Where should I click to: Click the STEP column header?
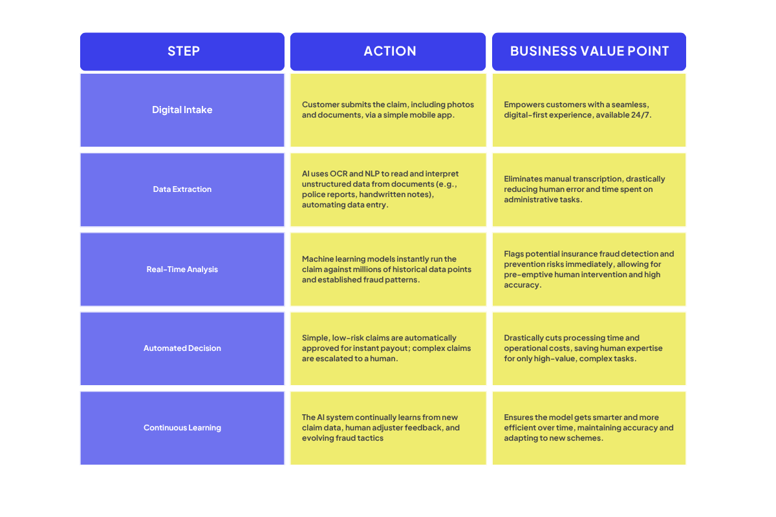point(184,51)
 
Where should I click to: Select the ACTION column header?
point(390,51)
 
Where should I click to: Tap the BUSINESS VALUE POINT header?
point(589,51)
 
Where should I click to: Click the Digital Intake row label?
point(182,110)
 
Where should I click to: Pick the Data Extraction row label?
point(182,189)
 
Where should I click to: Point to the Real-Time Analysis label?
point(182,269)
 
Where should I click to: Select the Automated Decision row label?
point(182,348)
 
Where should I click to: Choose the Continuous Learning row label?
point(182,428)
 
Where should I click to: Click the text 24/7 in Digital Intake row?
point(640,115)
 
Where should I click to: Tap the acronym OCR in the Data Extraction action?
point(338,173)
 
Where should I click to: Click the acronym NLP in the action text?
point(372,173)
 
